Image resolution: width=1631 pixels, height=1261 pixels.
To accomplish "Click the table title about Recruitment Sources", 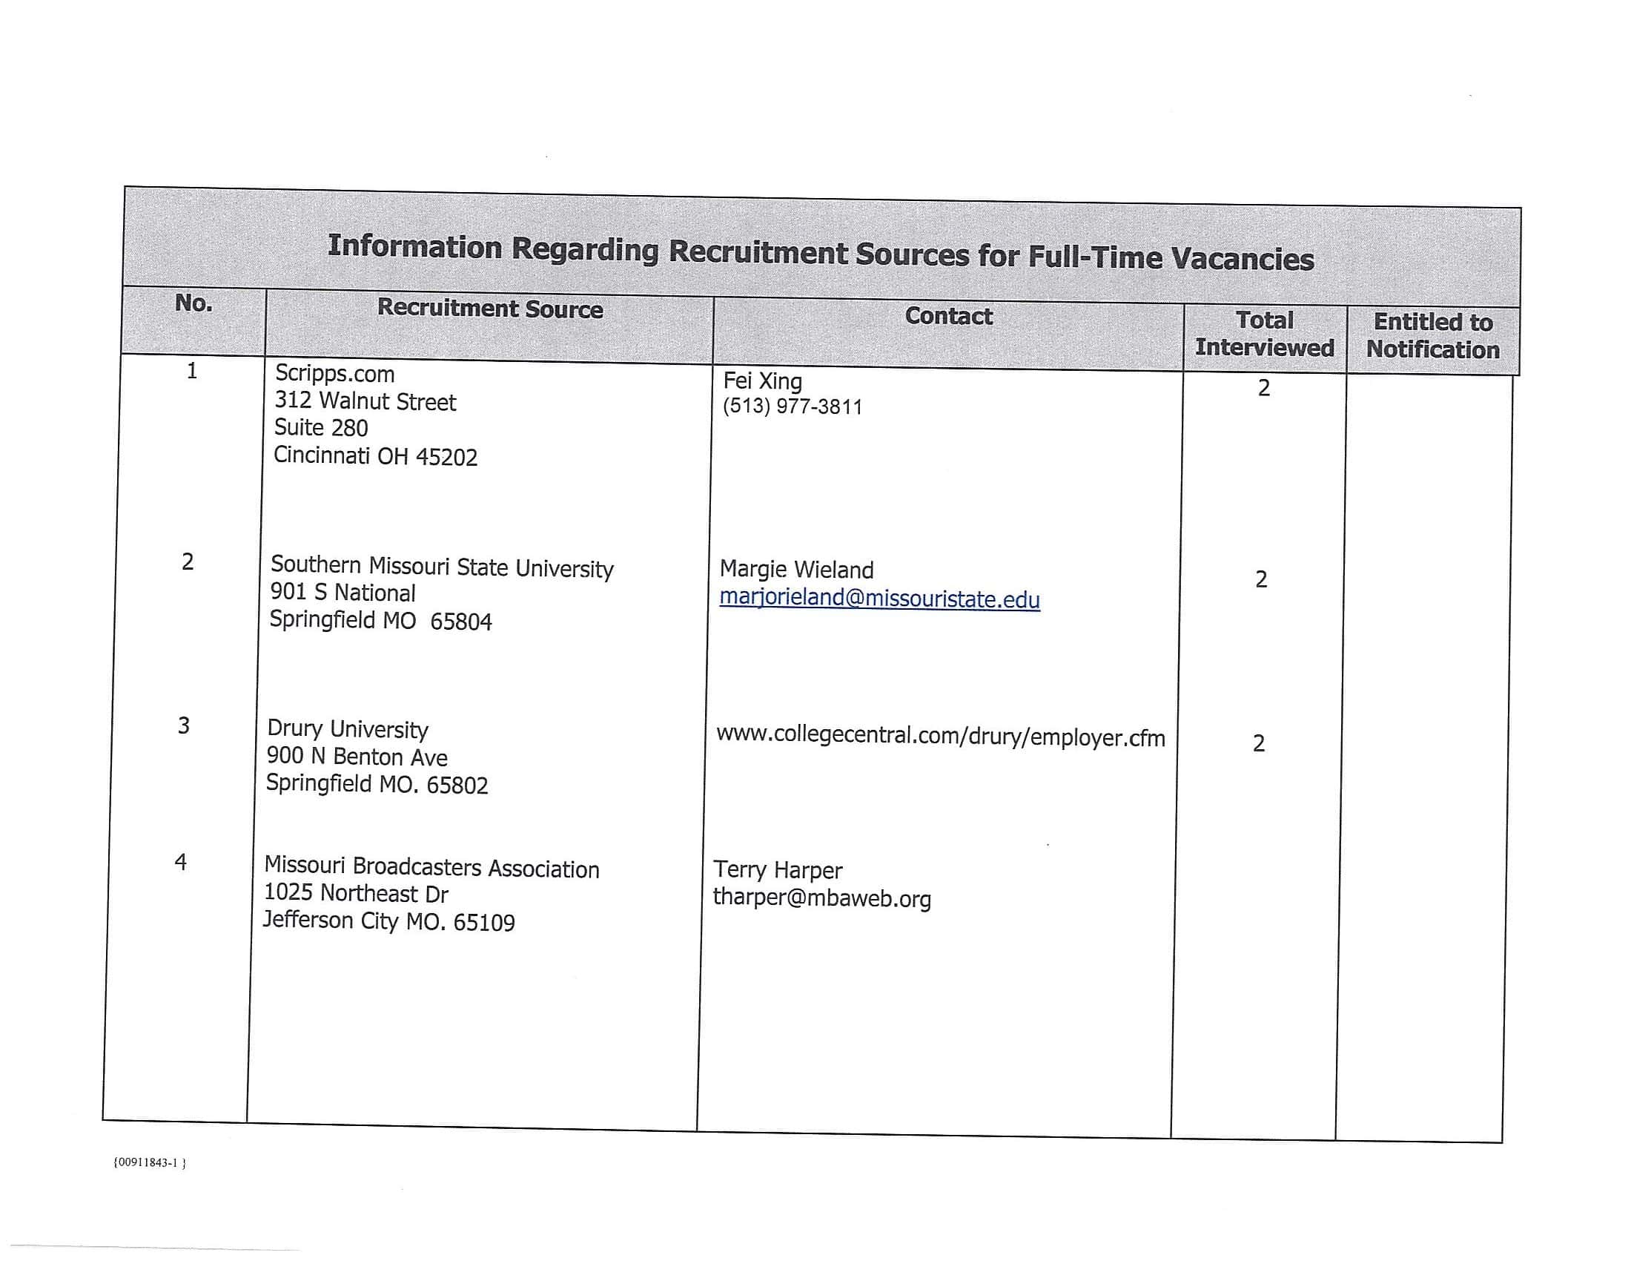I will click(821, 251).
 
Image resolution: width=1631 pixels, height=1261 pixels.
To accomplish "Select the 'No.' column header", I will click(193, 303).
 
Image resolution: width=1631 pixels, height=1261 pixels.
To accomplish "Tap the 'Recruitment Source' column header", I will click(490, 309).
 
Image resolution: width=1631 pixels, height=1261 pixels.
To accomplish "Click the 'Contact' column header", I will click(948, 316).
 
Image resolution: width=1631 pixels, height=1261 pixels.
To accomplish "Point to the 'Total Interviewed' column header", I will click(1264, 334).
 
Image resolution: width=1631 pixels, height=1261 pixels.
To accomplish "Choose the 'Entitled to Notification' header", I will click(1432, 336).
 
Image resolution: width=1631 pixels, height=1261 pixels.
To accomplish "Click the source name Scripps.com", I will click(334, 374).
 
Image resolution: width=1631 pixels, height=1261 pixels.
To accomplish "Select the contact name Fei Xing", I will click(762, 381).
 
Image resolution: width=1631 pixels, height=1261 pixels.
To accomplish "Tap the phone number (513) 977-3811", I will click(793, 407).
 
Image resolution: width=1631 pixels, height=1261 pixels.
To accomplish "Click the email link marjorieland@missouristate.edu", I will click(879, 599).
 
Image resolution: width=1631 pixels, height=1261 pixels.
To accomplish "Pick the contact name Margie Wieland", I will click(796, 570).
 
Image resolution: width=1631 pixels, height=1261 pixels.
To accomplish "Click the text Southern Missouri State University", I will click(442, 567).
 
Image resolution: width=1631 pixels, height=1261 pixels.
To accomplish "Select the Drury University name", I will click(348, 729).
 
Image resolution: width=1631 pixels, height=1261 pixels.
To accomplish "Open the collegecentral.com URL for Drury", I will click(940, 737).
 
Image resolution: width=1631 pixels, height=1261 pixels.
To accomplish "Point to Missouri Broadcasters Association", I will click(431, 867).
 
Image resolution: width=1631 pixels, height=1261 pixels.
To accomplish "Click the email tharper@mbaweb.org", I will click(821, 898).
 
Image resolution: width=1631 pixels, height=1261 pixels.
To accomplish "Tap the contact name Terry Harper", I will click(778, 870).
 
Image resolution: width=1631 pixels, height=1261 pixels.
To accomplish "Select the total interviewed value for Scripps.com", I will click(1263, 388).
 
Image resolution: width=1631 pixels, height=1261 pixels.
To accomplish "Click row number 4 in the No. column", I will click(181, 862).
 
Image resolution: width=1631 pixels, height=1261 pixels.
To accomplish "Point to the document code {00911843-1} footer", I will click(150, 1162).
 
